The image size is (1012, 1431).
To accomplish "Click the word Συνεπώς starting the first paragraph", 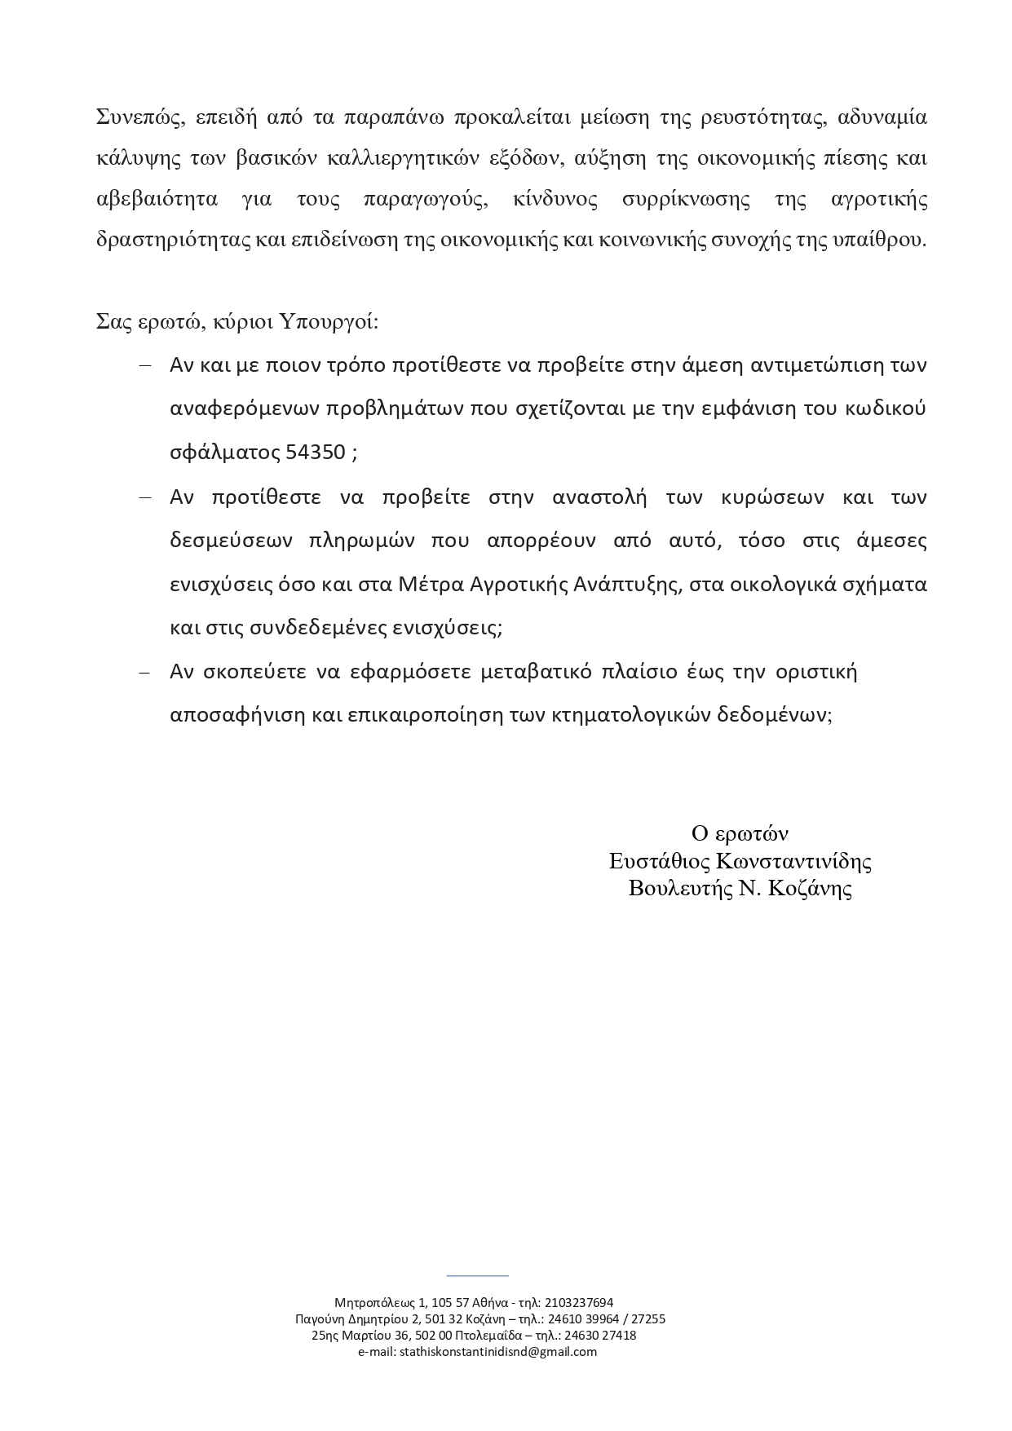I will click(133, 117).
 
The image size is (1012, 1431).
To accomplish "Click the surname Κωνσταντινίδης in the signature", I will click(793, 861).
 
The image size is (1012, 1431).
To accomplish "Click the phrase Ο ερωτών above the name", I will click(740, 833).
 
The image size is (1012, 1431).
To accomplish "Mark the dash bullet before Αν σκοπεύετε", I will click(145, 673).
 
